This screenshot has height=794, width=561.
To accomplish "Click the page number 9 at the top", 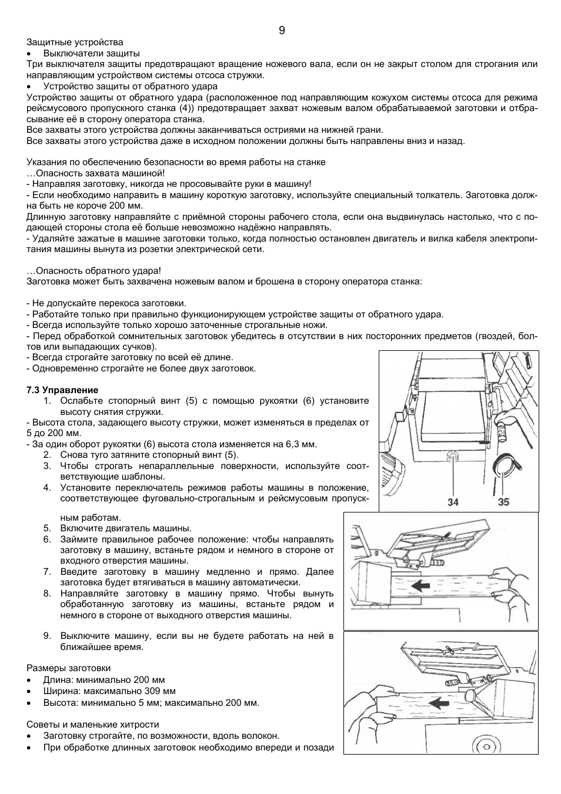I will [x=282, y=31].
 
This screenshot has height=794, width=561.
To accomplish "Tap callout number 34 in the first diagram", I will [x=453, y=502].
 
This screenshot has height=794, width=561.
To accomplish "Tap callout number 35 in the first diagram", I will [x=503, y=502].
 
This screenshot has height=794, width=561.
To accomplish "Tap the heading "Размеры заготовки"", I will [x=68, y=668].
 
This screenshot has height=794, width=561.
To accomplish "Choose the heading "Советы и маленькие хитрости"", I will [x=92, y=725].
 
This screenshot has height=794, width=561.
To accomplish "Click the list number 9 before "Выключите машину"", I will [x=47, y=636].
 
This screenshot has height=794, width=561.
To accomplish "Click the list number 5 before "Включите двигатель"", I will [x=47, y=528].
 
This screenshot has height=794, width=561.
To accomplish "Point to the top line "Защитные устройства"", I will [x=75, y=42].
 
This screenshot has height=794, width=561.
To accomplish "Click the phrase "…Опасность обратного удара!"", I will [x=93, y=270].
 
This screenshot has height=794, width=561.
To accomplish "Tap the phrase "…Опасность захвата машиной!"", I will [x=96, y=173].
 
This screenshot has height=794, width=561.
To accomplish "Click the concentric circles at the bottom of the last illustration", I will [x=486, y=745].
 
